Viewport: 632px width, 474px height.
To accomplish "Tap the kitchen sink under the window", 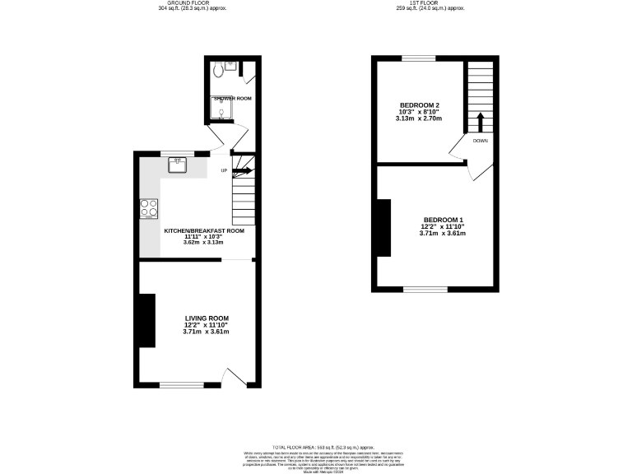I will [x=178, y=165].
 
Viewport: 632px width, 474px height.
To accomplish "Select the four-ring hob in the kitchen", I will [x=149, y=209].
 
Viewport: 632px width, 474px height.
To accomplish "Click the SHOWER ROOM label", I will [x=233, y=98].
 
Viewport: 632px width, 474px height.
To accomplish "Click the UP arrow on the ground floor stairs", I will [x=243, y=171].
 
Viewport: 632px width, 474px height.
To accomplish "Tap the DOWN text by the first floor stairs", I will [x=481, y=141].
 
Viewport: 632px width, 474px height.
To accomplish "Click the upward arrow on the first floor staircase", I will [x=480, y=122].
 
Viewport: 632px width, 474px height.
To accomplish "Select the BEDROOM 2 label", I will [x=420, y=105].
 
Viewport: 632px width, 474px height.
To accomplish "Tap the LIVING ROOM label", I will [x=207, y=318].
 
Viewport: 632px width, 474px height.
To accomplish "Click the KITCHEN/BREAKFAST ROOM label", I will [x=204, y=231].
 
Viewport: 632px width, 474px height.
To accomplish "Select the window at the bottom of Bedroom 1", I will [x=425, y=289].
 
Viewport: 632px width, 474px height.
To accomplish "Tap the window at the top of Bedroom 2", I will [x=419, y=58].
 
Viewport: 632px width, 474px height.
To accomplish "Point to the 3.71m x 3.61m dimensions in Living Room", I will [x=206, y=332].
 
